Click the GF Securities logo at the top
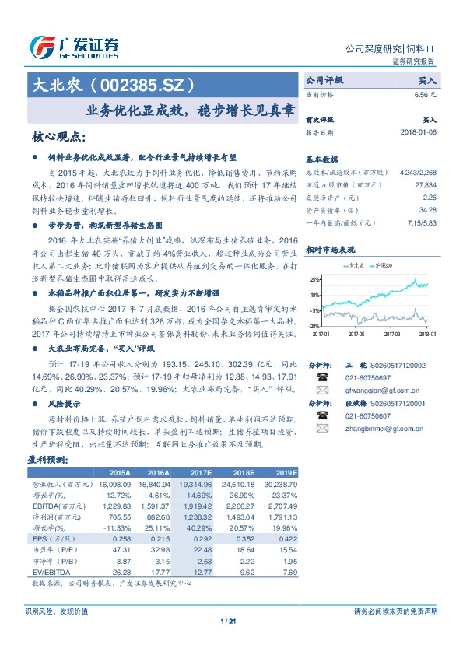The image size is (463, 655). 74,47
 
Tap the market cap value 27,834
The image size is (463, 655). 426,186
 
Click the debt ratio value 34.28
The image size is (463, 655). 428,209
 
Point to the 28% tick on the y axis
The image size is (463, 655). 314,278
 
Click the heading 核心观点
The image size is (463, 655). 58,137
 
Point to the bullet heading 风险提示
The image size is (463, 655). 65,405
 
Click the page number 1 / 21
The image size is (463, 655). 228,621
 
